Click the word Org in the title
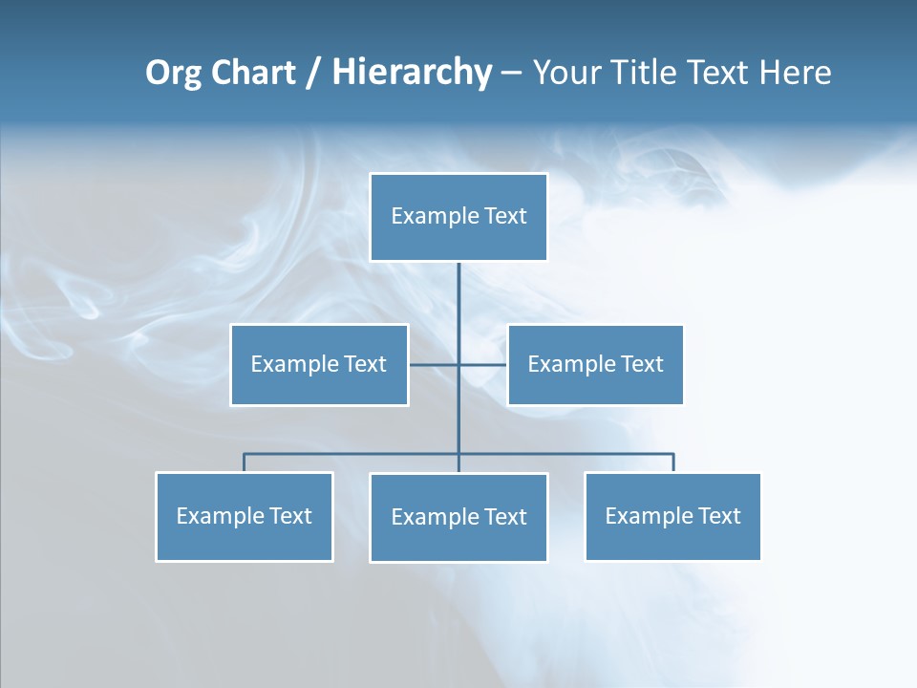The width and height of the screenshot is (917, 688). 173,73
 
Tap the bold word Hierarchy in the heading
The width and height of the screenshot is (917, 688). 412,73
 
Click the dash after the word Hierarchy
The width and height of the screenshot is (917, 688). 511,74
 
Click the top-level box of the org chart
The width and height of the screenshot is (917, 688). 458,217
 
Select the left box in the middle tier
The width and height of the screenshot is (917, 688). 319,365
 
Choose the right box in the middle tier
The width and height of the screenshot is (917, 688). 595,365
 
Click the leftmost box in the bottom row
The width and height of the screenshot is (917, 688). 245,517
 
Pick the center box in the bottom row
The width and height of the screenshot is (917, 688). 458,518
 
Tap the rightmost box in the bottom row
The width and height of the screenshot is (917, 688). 672,517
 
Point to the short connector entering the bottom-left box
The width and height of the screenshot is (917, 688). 245,462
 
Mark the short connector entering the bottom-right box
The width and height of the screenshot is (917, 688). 673,462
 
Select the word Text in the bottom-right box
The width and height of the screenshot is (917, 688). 718,517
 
